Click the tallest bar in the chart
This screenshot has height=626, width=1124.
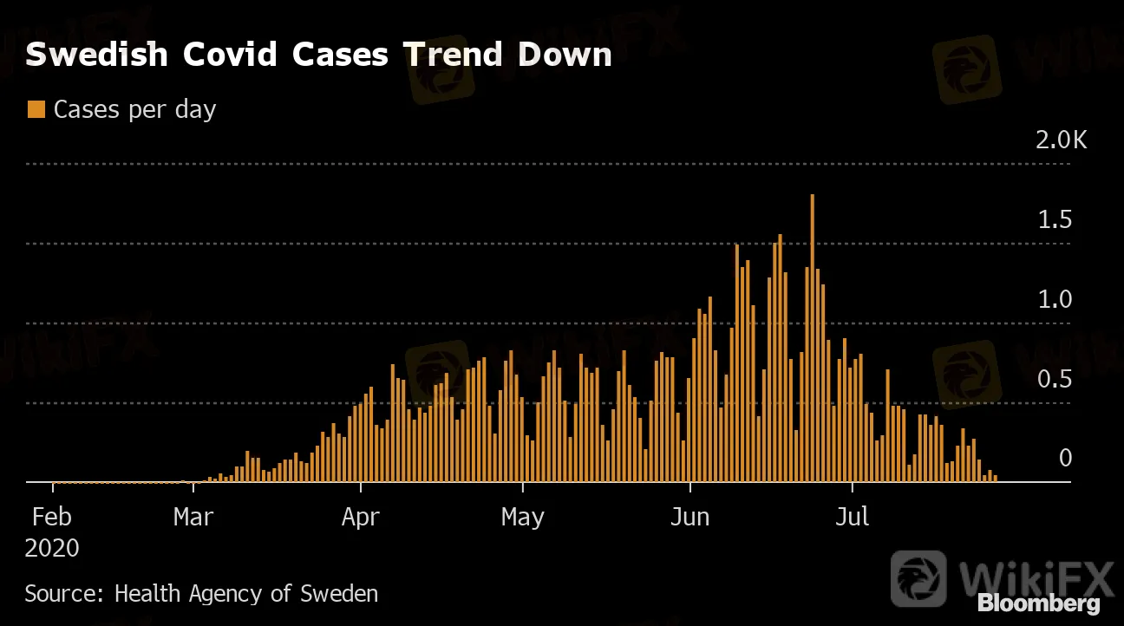(x=812, y=338)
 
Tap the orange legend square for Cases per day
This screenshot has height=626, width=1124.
(x=36, y=109)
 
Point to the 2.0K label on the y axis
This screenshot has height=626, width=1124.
(x=1061, y=140)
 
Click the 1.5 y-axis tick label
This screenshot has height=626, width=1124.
(x=1055, y=220)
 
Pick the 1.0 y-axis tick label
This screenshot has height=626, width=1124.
(x=1055, y=300)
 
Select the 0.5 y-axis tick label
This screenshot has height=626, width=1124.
(x=1055, y=380)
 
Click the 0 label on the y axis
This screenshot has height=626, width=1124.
(x=1066, y=459)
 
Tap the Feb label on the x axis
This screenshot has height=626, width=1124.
(x=52, y=518)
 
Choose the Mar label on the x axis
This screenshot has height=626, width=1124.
(x=193, y=518)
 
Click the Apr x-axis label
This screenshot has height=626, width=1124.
(x=361, y=518)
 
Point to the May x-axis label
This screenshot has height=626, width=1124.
(x=523, y=518)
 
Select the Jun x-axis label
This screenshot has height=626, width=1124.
(x=690, y=518)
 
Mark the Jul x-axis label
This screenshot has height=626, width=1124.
(x=853, y=518)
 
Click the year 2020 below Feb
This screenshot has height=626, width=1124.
(x=52, y=548)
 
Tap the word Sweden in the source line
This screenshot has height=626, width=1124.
(x=339, y=594)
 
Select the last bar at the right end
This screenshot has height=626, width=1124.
(x=996, y=478)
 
